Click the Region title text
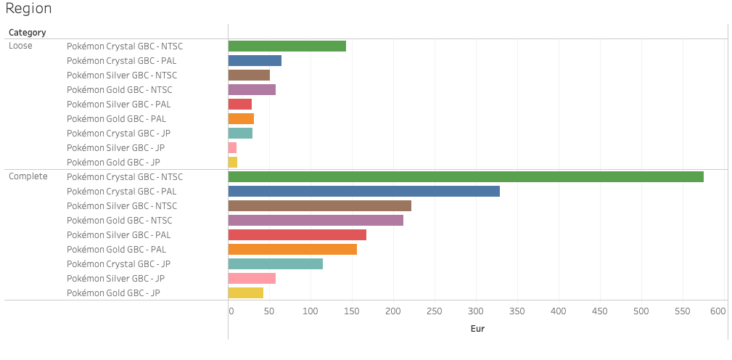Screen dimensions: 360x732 pos(28,9)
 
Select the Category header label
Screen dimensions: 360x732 pos(28,33)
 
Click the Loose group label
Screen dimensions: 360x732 pos(20,46)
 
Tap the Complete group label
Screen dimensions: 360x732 pos(28,176)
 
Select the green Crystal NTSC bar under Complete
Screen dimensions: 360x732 pos(466,176)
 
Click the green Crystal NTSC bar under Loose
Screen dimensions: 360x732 pos(287,46)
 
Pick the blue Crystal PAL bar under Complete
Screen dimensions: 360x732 pos(364,191)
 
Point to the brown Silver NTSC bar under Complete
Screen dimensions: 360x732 pos(320,205)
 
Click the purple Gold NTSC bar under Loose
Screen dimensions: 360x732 pos(252,89)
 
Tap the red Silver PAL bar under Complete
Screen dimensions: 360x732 pos(297,234)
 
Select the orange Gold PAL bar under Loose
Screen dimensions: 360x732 pos(241,118)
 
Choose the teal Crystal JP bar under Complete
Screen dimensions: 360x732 pos(276,263)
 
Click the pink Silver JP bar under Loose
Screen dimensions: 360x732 pos(232,147)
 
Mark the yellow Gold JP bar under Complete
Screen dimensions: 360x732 pos(246,292)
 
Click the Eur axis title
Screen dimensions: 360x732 pos(477,329)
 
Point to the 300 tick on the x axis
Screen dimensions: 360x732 pos(476,311)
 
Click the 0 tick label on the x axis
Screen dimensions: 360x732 pos(231,311)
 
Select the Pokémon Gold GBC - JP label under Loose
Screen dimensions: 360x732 pos(113,162)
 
